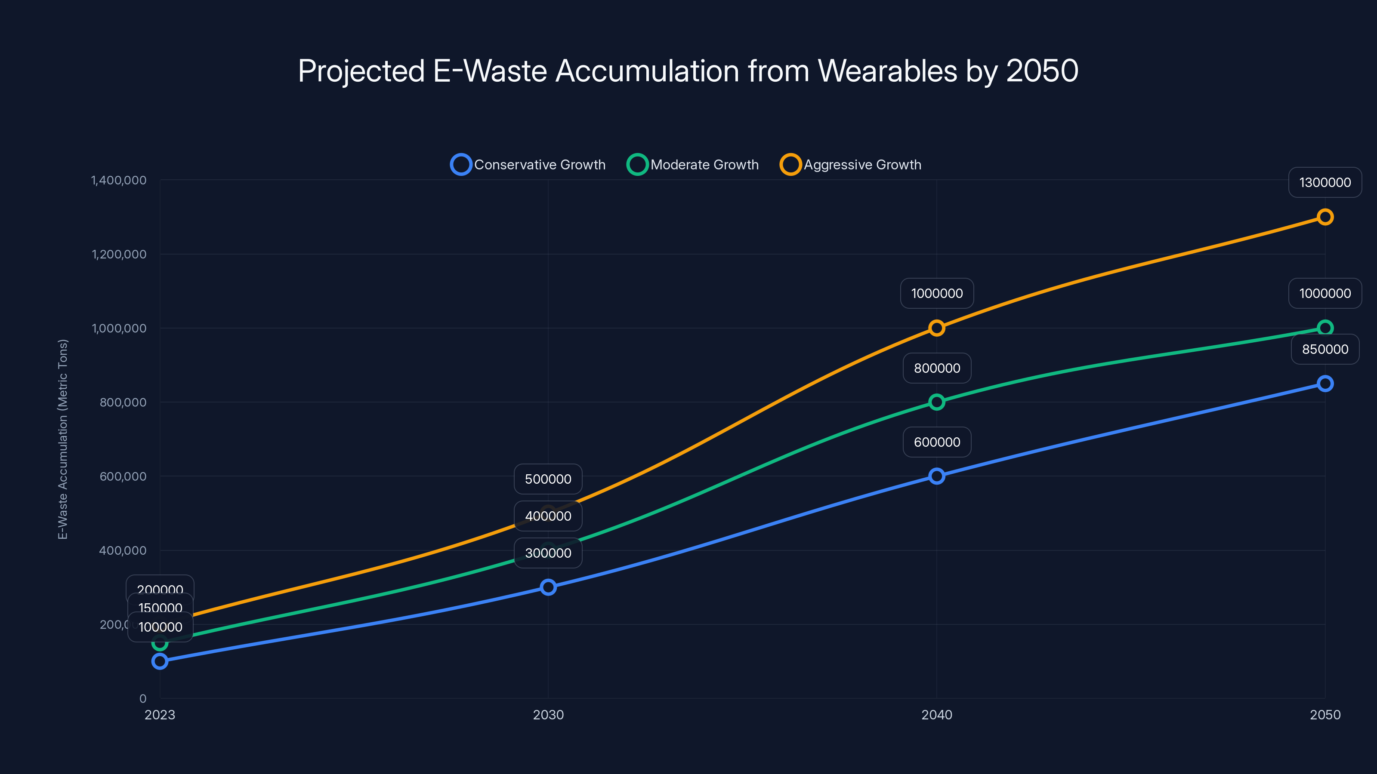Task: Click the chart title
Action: coord(688,71)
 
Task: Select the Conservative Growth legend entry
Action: coord(528,165)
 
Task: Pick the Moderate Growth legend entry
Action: coord(693,165)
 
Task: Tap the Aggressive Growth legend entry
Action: coord(851,165)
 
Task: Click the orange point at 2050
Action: coord(1325,217)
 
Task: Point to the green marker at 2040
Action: coord(936,402)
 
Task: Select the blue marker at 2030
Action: coord(548,587)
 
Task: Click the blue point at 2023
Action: coord(160,661)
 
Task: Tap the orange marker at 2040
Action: coord(936,328)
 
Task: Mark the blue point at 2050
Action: coord(1325,384)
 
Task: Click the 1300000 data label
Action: coord(1325,183)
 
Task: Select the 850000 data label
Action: coord(1325,349)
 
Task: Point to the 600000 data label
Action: coord(936,442)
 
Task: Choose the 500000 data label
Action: coord(548,479)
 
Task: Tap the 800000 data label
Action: coord(936,368)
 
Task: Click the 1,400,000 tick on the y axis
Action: coord(119,181)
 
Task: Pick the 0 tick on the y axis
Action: coord(143,698)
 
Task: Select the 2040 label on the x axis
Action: coord(936,715)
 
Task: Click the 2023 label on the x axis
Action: coord(160,715)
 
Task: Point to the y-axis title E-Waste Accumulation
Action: coord(63,439)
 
